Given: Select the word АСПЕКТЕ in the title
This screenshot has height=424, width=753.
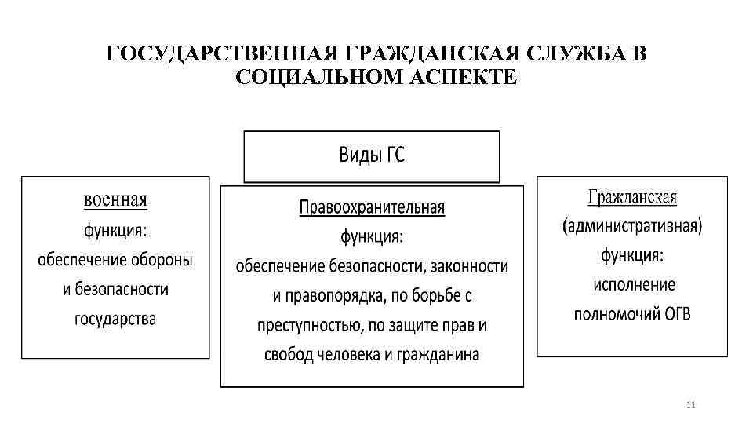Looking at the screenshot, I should tap(460, 78).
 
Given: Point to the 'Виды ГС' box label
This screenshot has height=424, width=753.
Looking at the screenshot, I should tap(372, 155).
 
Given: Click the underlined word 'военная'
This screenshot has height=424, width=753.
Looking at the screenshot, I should tap(115, 200).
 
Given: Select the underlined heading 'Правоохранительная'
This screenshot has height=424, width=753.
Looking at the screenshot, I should tap(372, 208).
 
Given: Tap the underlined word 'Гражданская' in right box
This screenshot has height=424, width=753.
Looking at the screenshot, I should tap(631, 197).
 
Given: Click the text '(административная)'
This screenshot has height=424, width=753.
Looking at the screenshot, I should tap(632, 226).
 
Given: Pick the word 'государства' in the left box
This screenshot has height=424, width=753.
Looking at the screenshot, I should tap(115, 319).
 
